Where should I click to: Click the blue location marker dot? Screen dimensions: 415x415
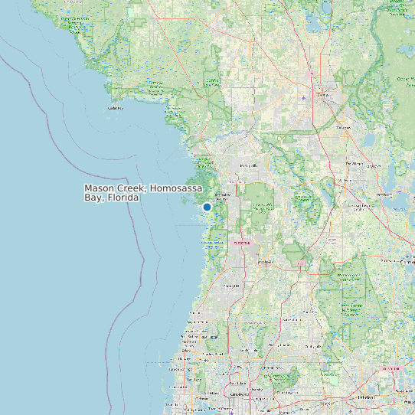[x=207, y=207]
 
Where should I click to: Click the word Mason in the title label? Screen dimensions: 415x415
[x=100, y=188]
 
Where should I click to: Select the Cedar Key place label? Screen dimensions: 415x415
[x=116, y=108]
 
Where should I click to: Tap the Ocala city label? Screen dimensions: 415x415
[x=322, y=94]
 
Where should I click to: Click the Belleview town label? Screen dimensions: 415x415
[x=343, y=127]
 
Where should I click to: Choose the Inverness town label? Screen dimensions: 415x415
[x=249, y=165]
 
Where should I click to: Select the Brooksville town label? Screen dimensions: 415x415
[x=265, y=261]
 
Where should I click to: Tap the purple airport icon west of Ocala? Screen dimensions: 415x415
[x=303, y=98]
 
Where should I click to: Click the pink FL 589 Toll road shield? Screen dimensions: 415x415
[x=242, y=243]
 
